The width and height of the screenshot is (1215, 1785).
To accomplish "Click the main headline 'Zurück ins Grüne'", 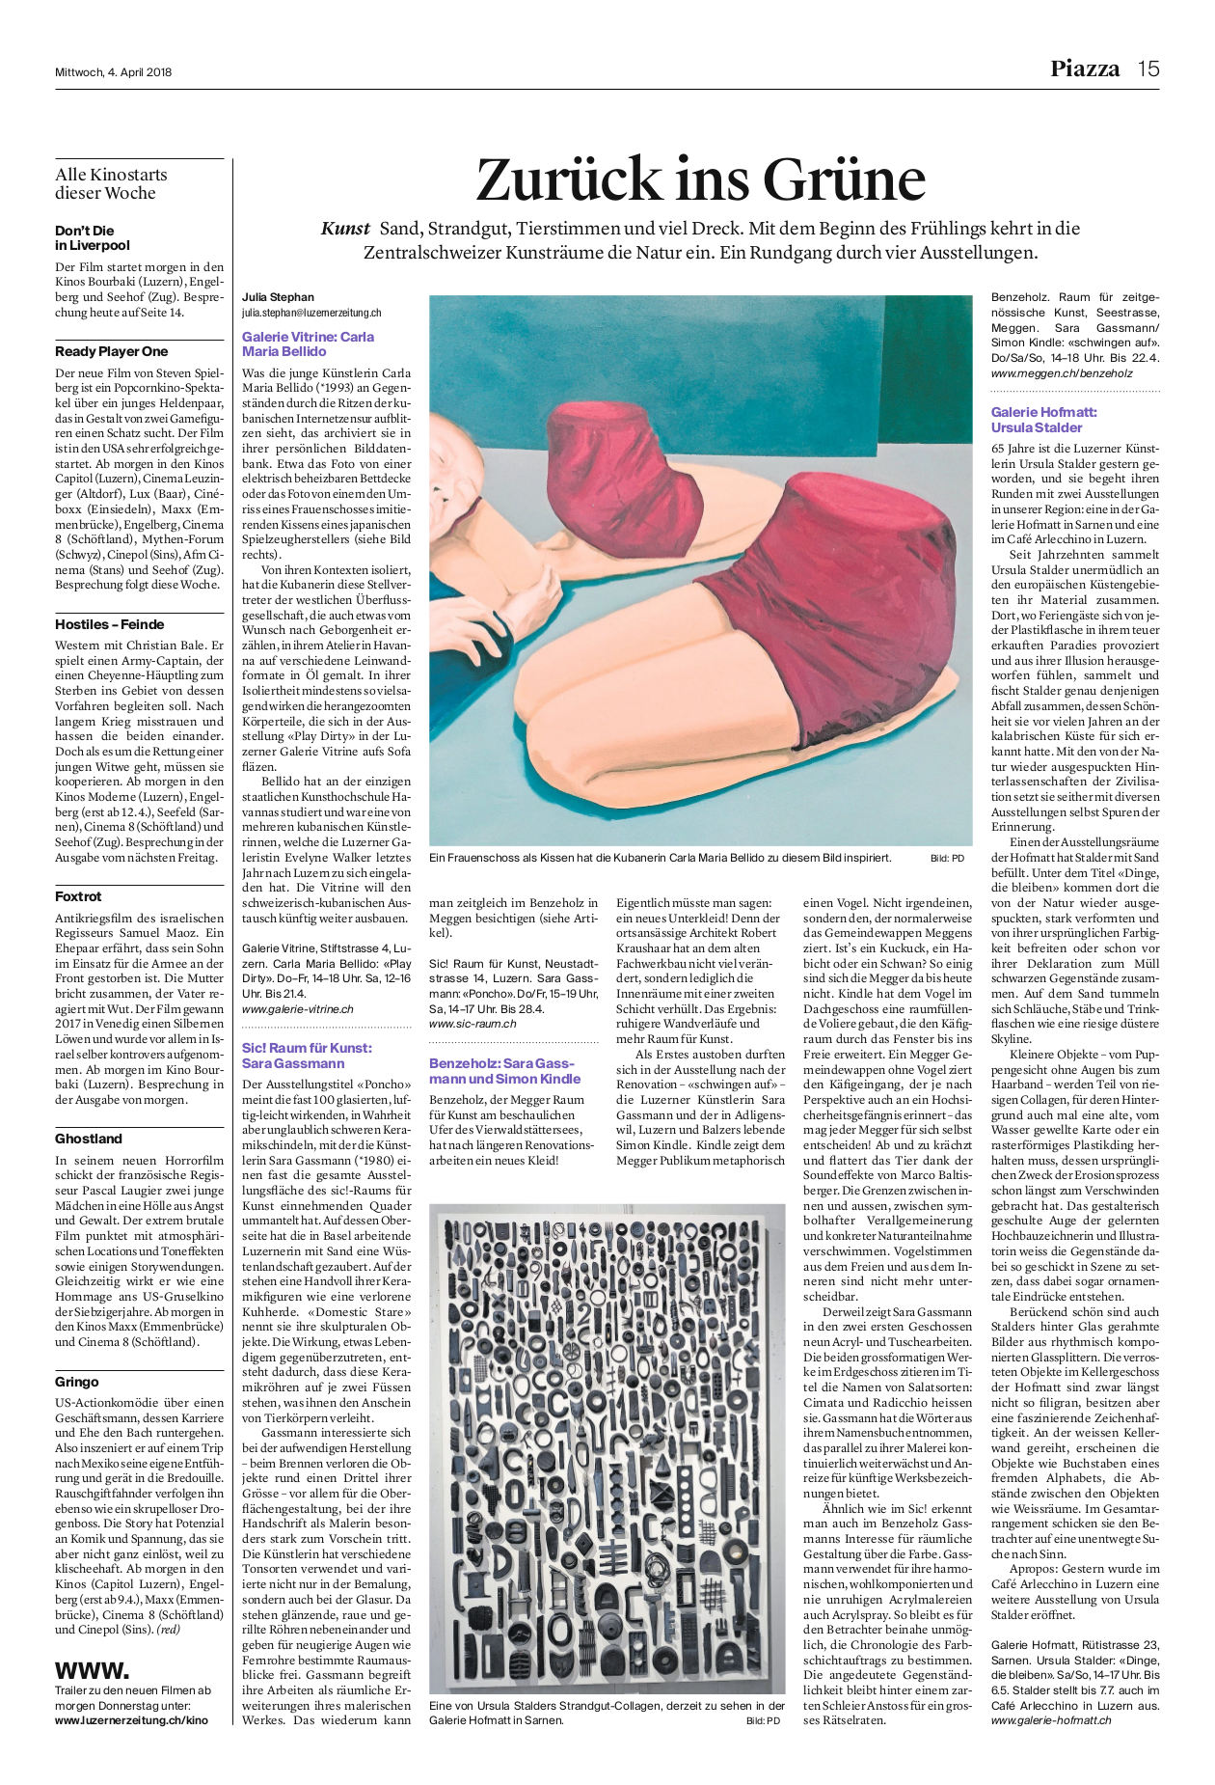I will (700, 179).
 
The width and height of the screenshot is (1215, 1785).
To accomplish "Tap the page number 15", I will (1147, 69).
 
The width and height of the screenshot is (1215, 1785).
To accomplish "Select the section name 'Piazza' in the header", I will (1085, 69).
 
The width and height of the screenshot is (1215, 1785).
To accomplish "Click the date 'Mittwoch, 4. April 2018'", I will (113, 71).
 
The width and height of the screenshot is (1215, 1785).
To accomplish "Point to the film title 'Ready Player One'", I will (111, 351).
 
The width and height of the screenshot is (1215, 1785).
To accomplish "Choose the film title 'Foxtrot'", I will (78, 896).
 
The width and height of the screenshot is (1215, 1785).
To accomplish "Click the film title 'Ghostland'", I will (89, 1139).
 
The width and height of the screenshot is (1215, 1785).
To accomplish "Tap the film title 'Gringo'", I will (77, 1382).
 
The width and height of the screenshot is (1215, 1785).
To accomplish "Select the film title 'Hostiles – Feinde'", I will (109, 624).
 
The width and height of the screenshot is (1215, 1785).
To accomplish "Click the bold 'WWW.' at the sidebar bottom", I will (92, 1670).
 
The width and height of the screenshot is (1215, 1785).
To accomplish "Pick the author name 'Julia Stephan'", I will (278, 297).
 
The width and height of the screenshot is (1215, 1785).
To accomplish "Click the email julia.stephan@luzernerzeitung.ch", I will (311, 313).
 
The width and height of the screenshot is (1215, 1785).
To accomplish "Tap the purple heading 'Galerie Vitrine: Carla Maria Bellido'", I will (308, 344).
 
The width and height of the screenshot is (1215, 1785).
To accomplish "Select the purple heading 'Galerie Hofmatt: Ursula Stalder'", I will (1043, 420).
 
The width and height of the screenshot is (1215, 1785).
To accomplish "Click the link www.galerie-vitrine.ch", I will (297, 1009).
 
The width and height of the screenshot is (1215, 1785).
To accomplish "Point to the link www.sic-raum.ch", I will (472, 1024).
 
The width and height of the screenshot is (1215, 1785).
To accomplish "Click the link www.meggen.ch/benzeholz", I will (1062, 372).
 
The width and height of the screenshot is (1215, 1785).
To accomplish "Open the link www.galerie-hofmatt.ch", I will (1051, 1720).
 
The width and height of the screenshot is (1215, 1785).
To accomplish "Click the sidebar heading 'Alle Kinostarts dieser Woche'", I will (111, 183).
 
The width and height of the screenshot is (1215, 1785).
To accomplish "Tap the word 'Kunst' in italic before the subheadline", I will (345, 229).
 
